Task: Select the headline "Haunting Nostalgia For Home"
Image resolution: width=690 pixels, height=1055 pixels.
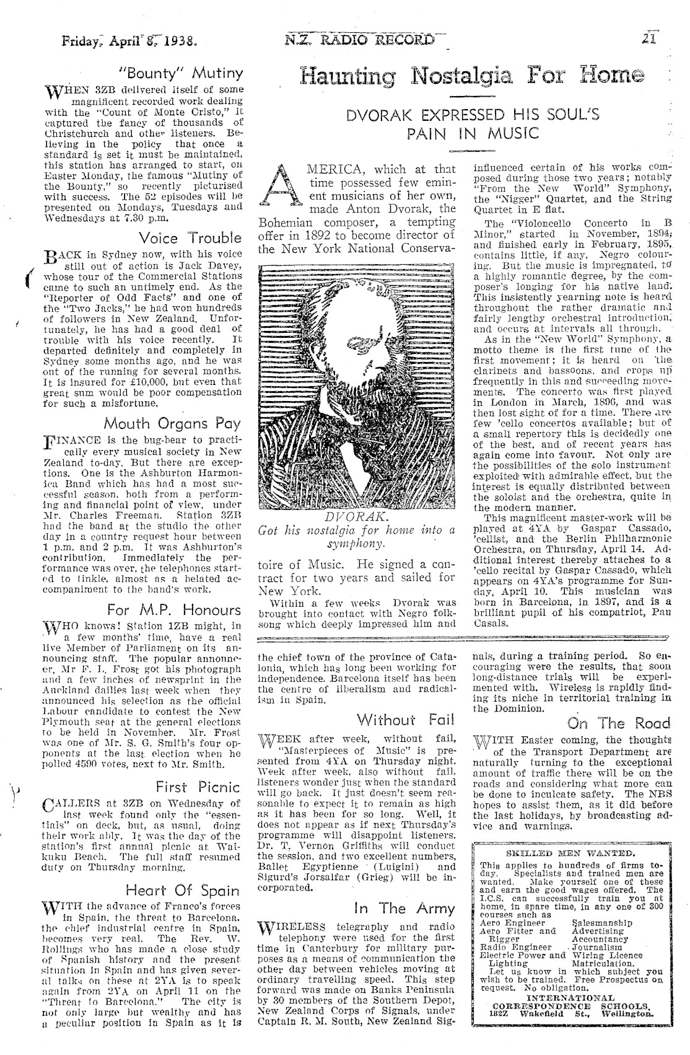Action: point(471,78)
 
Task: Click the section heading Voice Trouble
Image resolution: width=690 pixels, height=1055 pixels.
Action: point(191,239)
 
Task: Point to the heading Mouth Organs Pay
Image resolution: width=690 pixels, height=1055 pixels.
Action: point(172,423)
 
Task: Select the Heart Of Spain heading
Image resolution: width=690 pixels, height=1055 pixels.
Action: point(183,891)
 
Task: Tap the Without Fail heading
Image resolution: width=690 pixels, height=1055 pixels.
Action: point(406,720)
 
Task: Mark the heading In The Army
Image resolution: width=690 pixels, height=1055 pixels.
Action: point(404,909)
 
